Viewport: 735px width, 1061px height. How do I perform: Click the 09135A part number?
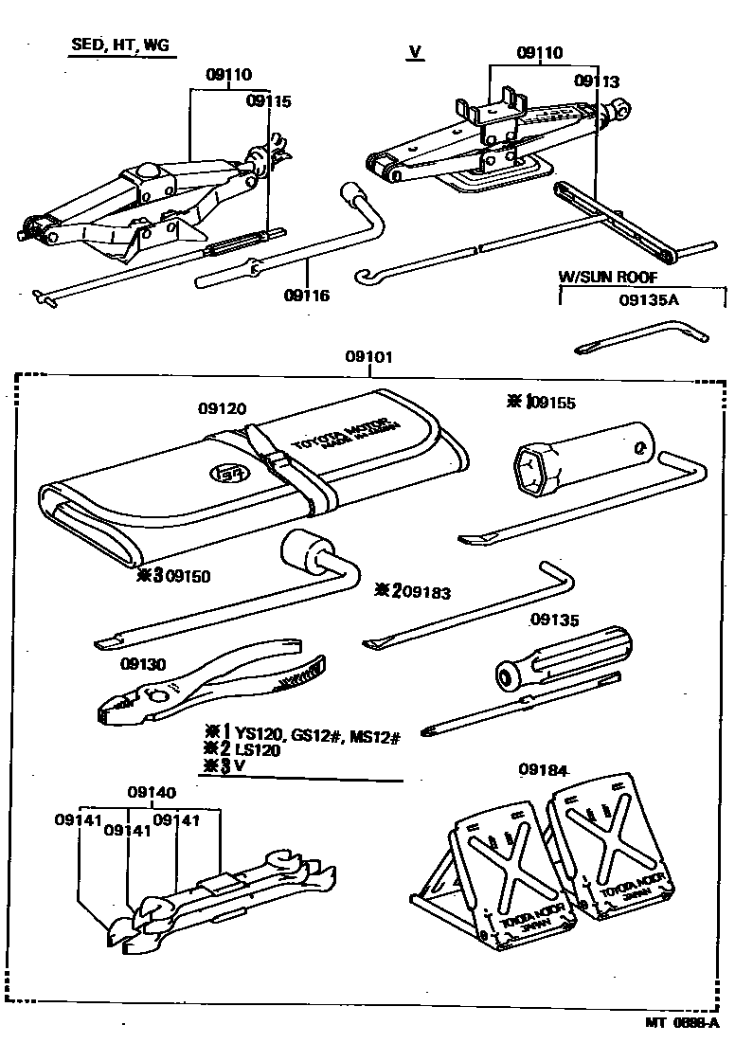[650, 301]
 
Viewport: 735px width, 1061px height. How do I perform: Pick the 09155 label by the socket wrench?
[554, 402]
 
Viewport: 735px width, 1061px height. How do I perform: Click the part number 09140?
[152, 792]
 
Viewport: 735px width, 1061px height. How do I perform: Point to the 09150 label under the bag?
[188, 575]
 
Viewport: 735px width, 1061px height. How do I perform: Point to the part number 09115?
[268, 100]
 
